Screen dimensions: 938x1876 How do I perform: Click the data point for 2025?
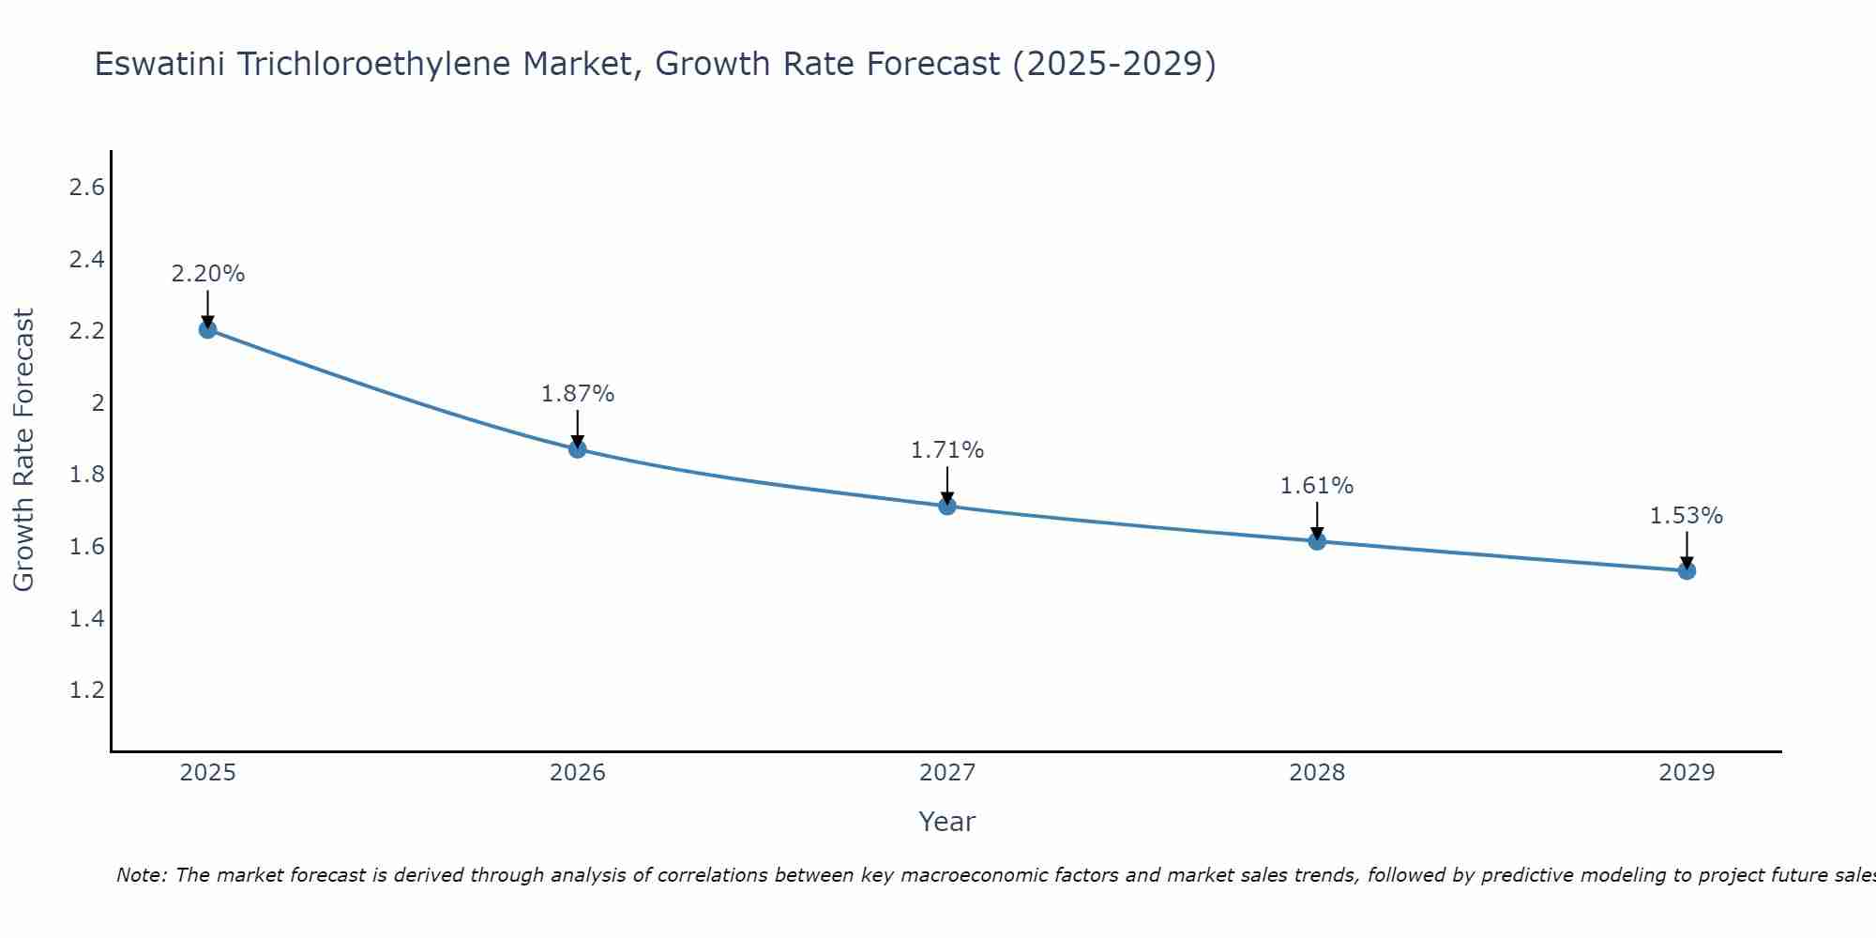click(207, 329)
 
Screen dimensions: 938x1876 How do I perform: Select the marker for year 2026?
click(578, 449)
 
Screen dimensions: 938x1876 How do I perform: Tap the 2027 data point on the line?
click(947, 507)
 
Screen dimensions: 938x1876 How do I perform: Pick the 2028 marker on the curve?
click(1317, 541)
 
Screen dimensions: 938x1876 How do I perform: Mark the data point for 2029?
click(1687, 570)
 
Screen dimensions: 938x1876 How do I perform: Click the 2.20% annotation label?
click(207, 274)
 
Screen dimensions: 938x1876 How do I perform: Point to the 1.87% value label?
click(578, 394)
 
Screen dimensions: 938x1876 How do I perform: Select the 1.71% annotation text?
click(947, 450)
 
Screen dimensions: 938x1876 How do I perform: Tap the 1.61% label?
click(1317, 486)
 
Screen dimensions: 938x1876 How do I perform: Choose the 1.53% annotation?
click(1687, 516)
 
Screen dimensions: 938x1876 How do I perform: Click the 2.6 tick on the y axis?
click(87, 188)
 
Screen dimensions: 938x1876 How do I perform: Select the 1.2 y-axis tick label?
click(87, 690)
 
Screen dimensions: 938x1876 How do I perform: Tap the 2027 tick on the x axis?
click(947, 773)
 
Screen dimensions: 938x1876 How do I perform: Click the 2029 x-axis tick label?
click(1687, 773)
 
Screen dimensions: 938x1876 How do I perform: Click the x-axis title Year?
click(947, 822)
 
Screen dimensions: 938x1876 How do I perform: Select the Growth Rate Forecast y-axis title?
click(23, 450)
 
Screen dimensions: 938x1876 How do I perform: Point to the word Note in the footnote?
click(141, 875)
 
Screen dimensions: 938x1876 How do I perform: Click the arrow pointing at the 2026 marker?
click(578, 427)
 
